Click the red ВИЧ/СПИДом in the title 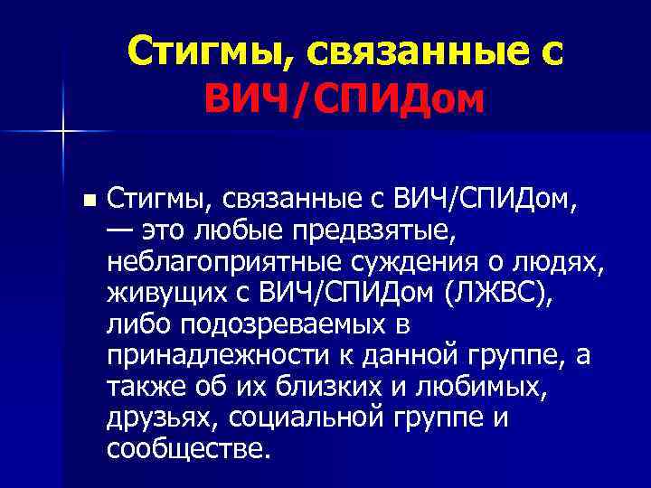pos(344,101)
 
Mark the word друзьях pos(163,418)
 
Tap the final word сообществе pos(188,448)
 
